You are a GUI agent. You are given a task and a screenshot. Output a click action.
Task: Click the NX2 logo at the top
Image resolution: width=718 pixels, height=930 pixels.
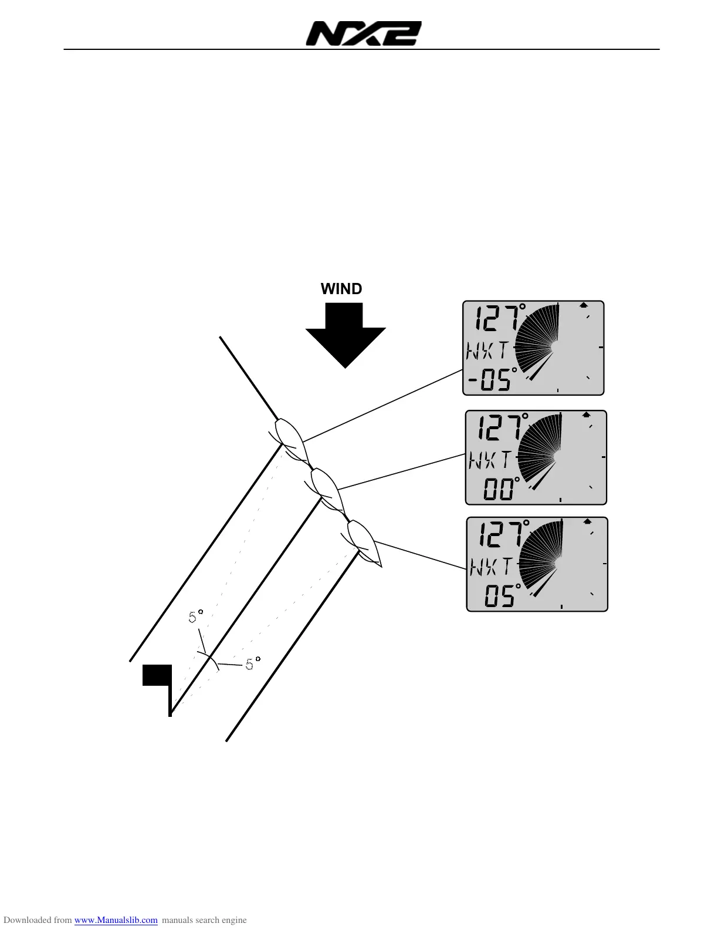click(363, 34)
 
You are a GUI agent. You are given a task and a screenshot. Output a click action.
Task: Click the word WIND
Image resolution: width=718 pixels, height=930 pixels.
click(341, 289)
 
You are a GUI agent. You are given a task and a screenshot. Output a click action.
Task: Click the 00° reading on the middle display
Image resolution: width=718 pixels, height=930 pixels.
click(502, 489)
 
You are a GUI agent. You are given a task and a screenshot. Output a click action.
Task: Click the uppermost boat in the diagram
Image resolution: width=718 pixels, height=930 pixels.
click(290, 438)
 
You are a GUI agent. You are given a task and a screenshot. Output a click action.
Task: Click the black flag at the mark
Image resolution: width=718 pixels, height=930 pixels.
click(157, 675)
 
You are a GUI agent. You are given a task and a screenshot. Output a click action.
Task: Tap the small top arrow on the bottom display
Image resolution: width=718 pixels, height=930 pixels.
click(586, 521)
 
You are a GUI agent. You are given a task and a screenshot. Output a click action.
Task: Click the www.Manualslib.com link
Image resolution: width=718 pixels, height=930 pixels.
click(116, 920)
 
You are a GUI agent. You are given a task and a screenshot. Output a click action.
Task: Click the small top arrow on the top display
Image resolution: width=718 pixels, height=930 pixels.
click(584, 305)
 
